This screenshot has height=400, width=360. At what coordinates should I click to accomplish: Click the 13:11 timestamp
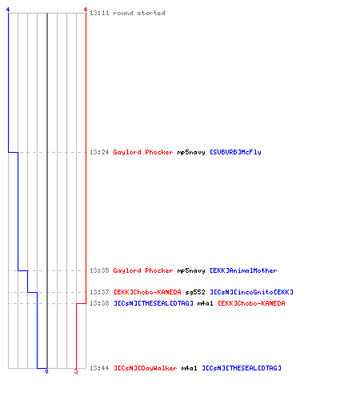[99, 13]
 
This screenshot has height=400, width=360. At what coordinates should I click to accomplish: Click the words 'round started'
[139, 13]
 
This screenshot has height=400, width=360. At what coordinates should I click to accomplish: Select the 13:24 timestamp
[99, 152]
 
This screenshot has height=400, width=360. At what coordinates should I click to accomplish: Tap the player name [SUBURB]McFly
[235, 152]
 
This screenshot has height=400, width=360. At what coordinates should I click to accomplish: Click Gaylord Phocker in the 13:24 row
[143, 152]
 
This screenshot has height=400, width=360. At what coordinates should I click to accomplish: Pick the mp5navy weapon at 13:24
[191, 153]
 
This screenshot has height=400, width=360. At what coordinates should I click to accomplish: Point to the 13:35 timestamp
[99, 270]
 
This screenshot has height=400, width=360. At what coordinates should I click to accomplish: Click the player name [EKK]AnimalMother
[243, 270]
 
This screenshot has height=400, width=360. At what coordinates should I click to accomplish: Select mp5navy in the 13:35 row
[191, 271]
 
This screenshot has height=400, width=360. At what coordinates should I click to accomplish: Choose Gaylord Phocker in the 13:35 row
[143, 270]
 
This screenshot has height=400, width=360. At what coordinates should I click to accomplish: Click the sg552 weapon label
[195, 293]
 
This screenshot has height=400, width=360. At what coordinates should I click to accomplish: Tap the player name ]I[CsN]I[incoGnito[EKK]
[251, 292]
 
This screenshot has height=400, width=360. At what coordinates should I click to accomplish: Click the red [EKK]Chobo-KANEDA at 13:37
[147, 292]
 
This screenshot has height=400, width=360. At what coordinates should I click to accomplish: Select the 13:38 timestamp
[99, 303]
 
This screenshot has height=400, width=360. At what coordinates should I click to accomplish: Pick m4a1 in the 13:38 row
[205, 303]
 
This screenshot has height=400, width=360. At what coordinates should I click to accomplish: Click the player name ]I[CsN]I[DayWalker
[145, 368]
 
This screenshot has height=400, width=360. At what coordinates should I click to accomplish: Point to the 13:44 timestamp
[99, 368]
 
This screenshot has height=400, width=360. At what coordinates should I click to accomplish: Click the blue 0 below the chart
[46, 371]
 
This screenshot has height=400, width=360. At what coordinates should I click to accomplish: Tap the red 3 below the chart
[76, 371]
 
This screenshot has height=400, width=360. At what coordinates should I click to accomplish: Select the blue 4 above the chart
[8, 10]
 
